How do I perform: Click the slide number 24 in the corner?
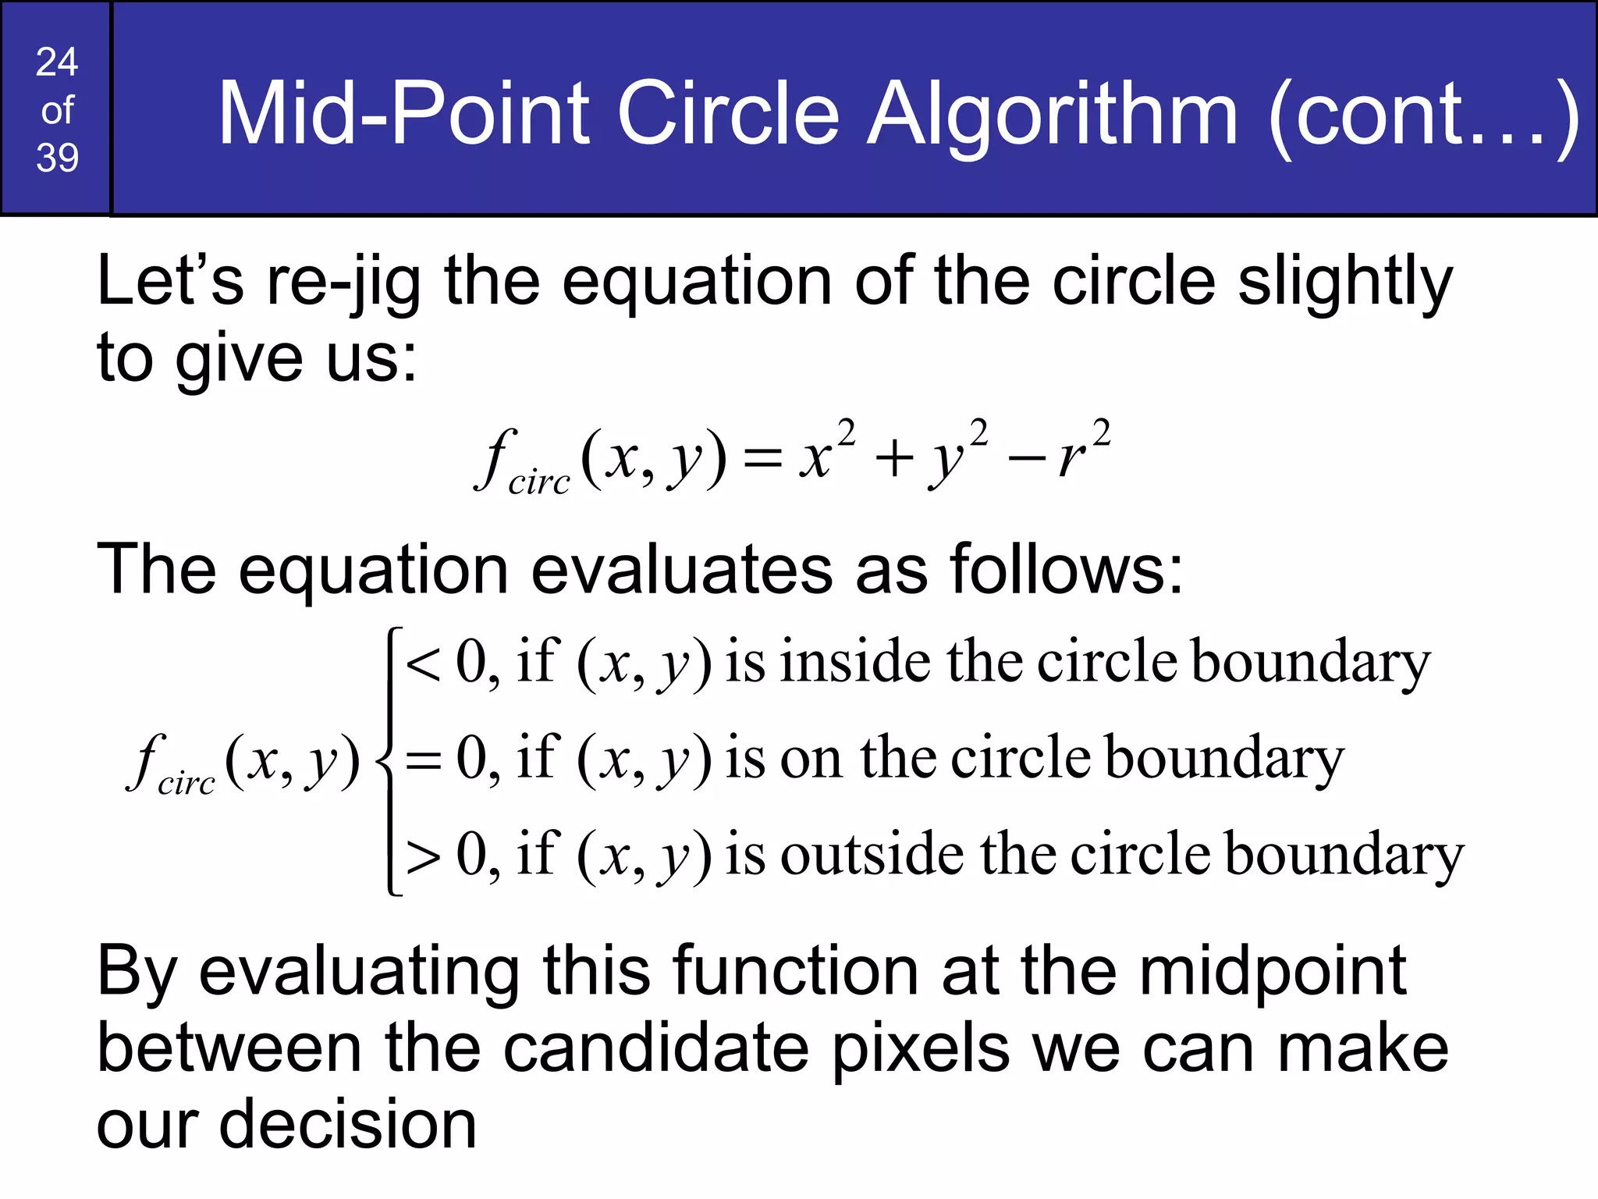(57, 62)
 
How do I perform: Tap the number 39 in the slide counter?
(57, 158)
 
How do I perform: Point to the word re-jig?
(344, 283)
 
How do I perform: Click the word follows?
(1066, 569)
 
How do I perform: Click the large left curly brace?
(388, 760)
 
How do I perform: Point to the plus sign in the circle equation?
(894, 458)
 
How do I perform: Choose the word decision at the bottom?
(347, 1125)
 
